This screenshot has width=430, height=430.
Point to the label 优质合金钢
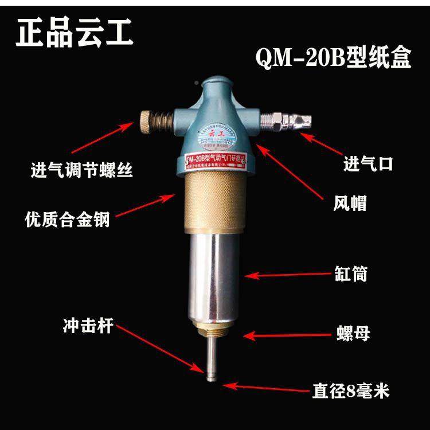pos(67,218)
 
